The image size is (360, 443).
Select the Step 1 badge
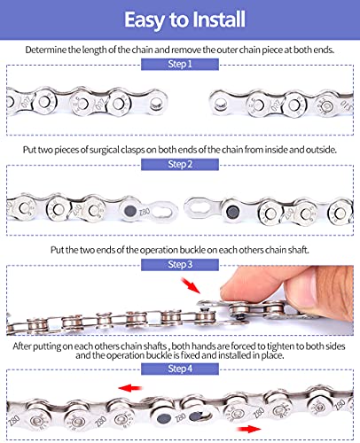(x=180, y=66)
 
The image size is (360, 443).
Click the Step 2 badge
(x=180, y=164)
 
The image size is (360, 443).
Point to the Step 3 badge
(x=180, y=263)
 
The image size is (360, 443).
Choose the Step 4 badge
(x=180, y=367)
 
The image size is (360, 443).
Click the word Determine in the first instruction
(x=51, y=50)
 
